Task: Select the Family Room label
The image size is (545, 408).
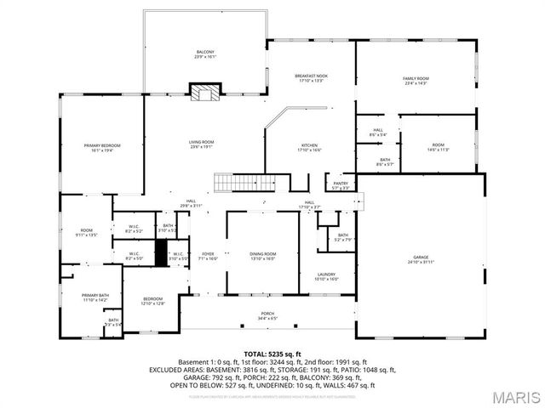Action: point(416,81)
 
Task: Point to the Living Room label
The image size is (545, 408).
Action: point(201,144)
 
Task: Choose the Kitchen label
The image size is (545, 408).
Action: point(309,147)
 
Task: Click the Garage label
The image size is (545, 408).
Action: point(421,258)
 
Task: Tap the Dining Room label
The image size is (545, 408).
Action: point(262,256)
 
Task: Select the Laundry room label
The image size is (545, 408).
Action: point(327,275)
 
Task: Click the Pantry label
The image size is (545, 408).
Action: point(341,184)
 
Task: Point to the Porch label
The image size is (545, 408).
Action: point(267,316)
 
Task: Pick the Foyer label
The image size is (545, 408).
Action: point(208,256)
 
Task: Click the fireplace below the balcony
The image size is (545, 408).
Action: point(204,91)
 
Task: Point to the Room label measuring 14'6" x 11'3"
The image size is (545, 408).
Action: point(438,147)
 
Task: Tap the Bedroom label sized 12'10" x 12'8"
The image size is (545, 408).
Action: point(153,301)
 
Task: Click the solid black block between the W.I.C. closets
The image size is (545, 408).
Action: point(159,253)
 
